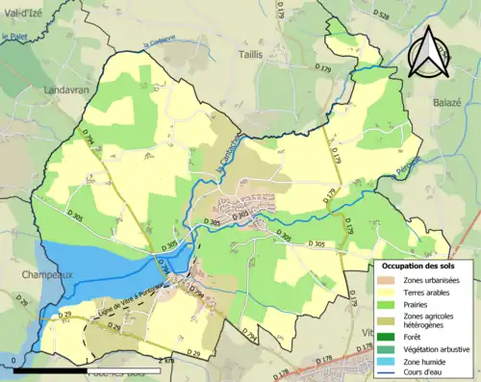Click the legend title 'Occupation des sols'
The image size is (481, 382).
(418, 266)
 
